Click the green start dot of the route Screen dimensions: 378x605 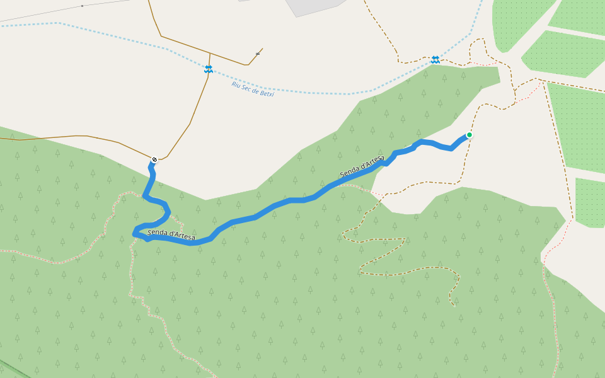pyautogui.click(x=469, y=135)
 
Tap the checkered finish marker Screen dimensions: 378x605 pyautogui.click(x=154, y=159)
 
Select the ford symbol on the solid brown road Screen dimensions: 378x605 pyautogui.click(x=208, y=69)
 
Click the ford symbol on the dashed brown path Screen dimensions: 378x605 pyautogui.click(x=435, y=60)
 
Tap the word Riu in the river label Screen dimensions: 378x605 pyautogui.click(x=236, y=85)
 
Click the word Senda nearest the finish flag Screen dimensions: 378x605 pyautogui.click(x=157, y=233)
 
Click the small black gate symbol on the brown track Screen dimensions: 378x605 pyautogui.click(x=258, y=54)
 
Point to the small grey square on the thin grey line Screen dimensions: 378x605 pyautogui.click(x=82, y=6)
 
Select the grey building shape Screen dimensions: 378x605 pyautogui.click(x=315, y=6)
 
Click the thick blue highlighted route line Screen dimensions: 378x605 pyautogui.click(x=284, y=203)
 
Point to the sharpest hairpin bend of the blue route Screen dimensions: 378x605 pyautogui.click(x=135, y=234)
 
